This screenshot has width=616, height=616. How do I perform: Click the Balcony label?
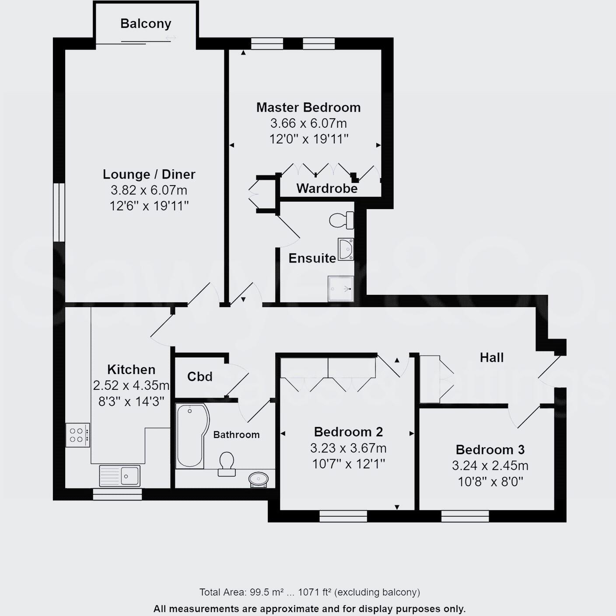click(146, 24)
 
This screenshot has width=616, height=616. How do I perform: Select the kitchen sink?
click(120, 476)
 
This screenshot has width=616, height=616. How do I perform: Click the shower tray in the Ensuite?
click(341, 289)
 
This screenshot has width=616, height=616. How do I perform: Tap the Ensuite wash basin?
click(345, 249)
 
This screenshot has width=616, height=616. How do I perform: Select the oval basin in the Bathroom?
click(259, 479)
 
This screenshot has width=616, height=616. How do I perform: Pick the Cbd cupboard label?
click(199, 377)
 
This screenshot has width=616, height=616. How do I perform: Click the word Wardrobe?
click(327, 189)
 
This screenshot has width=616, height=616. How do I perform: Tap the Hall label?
click(491, 358)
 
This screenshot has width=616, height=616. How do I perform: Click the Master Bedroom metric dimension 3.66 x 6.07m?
click(308, 123)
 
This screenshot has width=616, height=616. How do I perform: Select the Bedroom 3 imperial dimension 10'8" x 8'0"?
click(490, 482)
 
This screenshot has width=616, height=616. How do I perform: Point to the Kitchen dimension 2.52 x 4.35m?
click(131, 385)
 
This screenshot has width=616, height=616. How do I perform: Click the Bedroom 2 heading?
click(348, 432)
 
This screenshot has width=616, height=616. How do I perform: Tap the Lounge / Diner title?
click(149, 174)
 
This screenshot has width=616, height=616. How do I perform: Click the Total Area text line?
click(309, 592)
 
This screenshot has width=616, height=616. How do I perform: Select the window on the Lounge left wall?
click(59, 212)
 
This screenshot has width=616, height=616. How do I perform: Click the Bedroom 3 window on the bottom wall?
click(465, 516)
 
